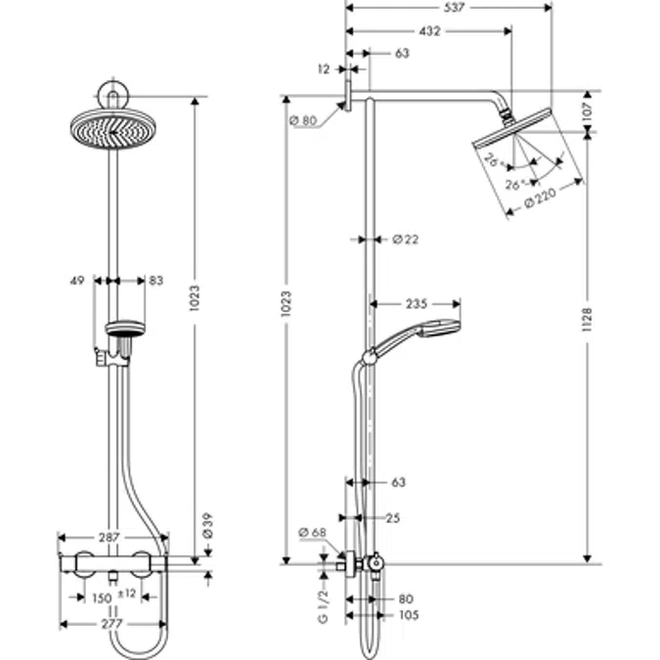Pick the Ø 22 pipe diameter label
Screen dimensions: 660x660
(405, 239)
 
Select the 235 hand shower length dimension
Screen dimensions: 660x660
(417, 304)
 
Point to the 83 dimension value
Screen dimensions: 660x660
(155, 281)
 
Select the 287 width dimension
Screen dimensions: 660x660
(110, 538)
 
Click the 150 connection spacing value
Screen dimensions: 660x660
(100, 597)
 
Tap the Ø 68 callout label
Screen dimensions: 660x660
(311, 533)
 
